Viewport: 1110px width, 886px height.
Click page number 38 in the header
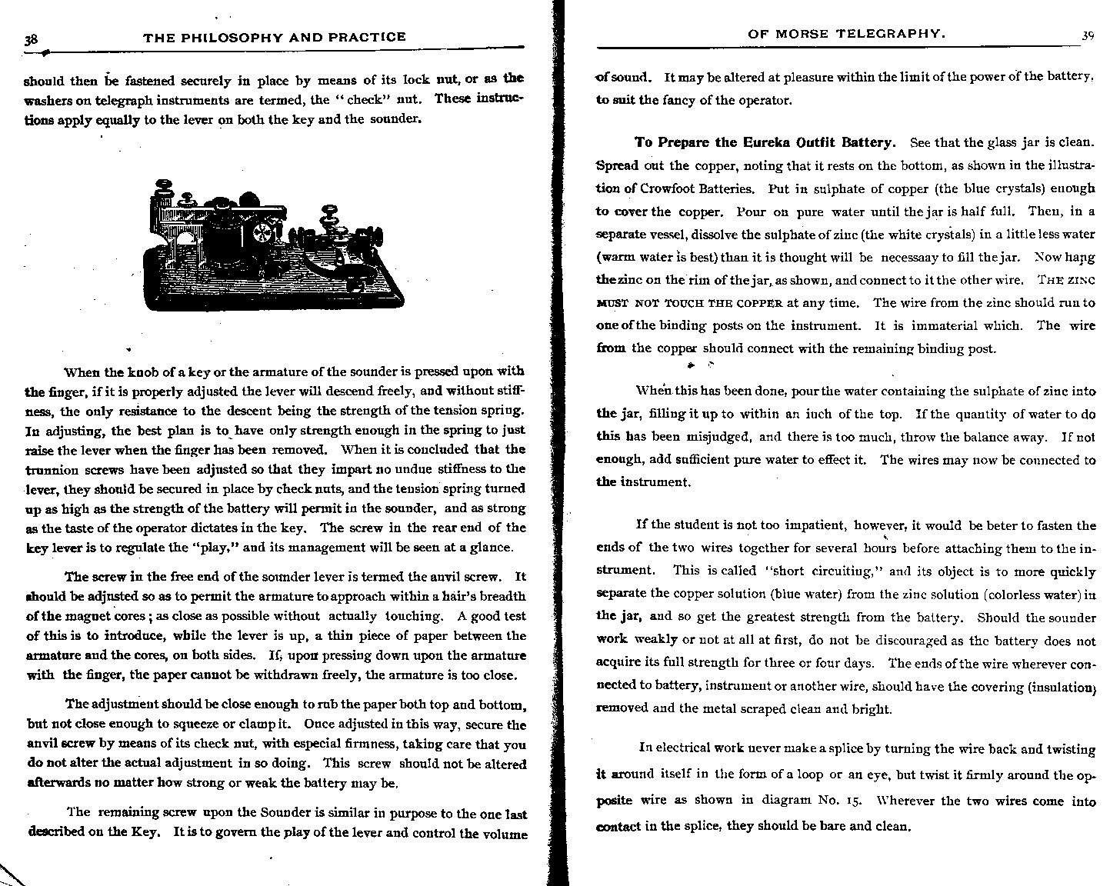click(x=33, y=39)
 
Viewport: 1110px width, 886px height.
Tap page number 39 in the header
click(x=1087, y=35)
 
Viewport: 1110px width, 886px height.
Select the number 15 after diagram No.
click(x=852, y=800)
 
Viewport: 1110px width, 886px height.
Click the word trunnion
click(x=49, y=470)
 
